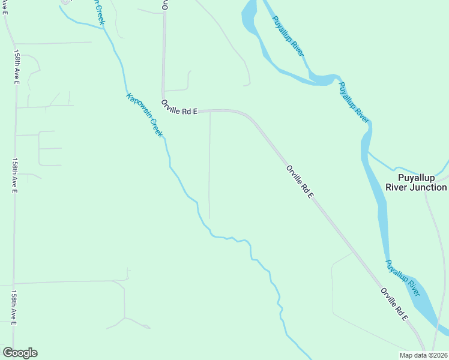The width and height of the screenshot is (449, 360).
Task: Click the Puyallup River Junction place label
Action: [423, 182]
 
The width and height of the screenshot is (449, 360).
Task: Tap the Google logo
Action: [20, 353]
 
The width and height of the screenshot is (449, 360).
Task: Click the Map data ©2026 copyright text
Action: [423, 355]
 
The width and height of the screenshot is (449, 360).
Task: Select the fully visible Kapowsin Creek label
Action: [144, 115]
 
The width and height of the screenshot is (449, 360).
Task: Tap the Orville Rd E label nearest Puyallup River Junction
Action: [300, 182]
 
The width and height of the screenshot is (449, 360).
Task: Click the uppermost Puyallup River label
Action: [288, 36]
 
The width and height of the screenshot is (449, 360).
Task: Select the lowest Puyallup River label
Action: [403, 278]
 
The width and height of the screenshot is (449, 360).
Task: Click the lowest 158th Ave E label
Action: [13, 308]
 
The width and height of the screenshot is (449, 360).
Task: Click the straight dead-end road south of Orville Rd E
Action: [209, 168]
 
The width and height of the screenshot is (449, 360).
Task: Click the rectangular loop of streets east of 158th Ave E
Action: [50, 148]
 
